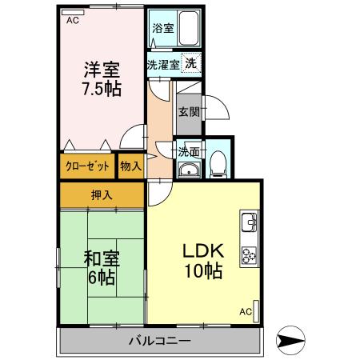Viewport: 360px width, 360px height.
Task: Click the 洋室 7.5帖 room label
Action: coord(102,78)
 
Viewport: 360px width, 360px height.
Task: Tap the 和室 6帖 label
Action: coord(102,267)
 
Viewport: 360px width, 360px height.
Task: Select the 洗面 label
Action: coord(189,150)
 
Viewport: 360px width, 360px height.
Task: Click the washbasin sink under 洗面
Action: coord(189,169)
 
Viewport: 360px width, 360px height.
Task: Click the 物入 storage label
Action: coord(130,166)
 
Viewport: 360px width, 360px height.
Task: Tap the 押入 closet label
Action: coord(101,194)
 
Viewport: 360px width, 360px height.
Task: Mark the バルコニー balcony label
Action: coord(160,342)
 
